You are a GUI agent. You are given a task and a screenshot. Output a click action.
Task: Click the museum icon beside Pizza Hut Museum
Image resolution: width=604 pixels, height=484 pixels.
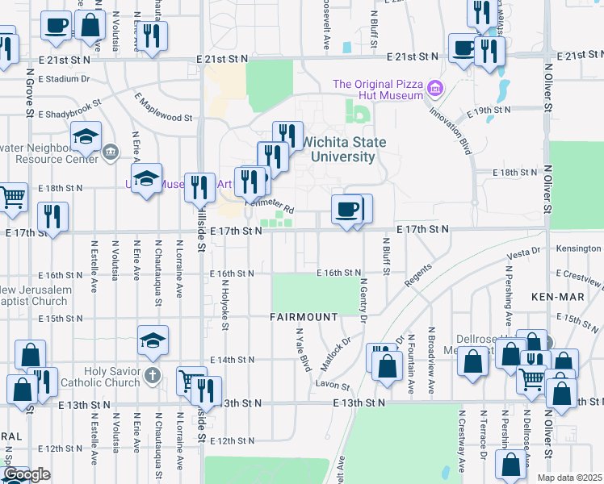pos(435,87)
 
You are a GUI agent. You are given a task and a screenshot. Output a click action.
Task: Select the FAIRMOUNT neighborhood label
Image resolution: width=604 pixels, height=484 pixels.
pos(304,317)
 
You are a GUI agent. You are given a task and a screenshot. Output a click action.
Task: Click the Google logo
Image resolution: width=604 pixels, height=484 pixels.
pos(27,474)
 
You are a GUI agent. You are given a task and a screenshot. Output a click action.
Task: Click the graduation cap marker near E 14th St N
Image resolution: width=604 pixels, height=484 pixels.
pos(153,342)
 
